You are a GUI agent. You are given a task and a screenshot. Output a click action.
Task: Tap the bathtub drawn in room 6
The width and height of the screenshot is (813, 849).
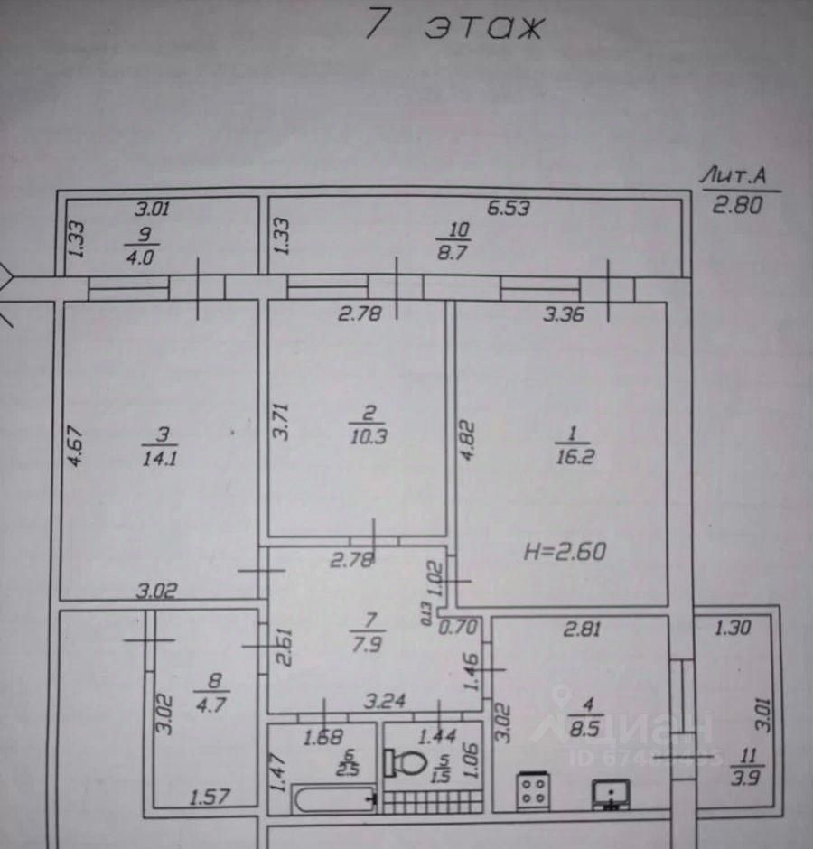coord(335,797)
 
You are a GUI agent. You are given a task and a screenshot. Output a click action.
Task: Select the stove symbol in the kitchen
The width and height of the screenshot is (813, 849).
coord(533,791)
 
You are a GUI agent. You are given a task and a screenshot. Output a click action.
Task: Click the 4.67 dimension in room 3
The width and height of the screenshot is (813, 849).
coord(76,444)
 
